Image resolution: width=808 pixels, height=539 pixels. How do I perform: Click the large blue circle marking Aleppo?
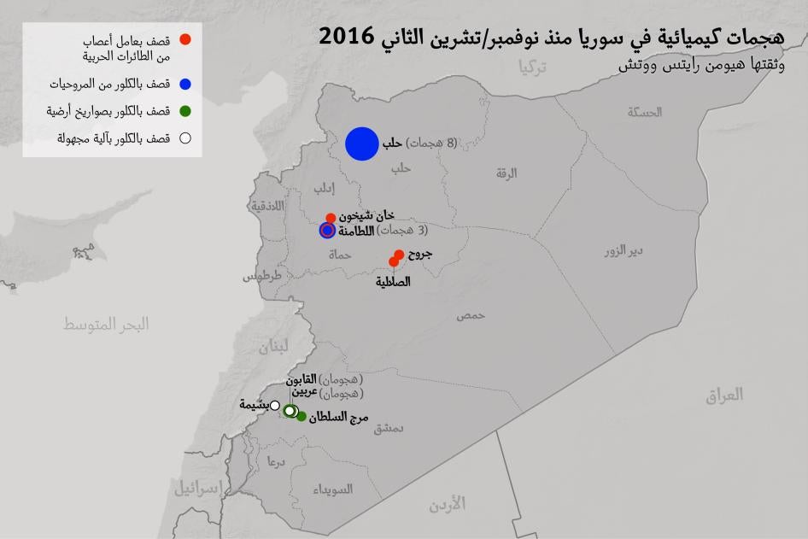(361, 144)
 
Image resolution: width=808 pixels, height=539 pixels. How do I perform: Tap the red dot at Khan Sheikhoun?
(331, 218)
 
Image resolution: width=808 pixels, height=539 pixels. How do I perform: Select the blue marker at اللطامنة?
(326, 230)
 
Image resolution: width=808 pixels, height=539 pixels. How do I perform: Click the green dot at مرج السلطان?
(302, 416)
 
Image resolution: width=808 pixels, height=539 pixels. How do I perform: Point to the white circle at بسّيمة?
(275, 406)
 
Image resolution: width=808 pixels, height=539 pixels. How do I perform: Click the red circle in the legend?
(184, 40)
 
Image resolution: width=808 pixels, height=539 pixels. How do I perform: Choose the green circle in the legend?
(184, 111)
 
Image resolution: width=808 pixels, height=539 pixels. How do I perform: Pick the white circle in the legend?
(184, 138)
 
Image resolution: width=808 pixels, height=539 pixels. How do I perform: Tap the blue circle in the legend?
(184, 85)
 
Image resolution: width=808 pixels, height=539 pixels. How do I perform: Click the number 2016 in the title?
(346, 37)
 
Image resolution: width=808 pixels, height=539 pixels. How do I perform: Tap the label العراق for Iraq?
(724, 394)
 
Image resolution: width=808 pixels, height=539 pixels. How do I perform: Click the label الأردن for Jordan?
(448, 504)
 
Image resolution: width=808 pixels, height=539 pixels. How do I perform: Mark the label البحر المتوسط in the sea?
(107, 324)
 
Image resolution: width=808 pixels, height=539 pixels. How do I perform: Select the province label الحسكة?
(645, 112)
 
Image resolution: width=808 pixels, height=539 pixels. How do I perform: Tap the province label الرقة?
(506, 173)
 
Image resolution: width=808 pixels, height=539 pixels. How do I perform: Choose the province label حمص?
(471, 315)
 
